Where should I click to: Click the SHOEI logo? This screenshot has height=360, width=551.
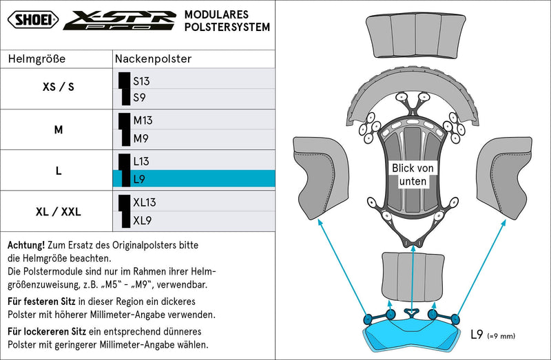(33, 19)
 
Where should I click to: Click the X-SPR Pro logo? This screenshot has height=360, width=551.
(120, 20)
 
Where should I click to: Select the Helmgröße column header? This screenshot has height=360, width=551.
(37, 59)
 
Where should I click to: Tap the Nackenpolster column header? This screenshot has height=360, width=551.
(153, 59)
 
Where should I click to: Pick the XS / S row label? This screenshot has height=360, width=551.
(59, 87)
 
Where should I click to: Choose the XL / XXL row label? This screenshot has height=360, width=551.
(59, 212)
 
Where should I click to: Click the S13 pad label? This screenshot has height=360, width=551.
(141, 81)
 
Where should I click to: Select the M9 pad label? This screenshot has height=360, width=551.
(141, 138)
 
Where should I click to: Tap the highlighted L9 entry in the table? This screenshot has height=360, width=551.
(194, 179)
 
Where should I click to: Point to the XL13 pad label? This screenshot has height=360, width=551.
(145, 202)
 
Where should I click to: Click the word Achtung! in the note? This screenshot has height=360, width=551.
(26, 245)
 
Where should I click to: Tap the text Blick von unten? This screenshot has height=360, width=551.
(413, 175)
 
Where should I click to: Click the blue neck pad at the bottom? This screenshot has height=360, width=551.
(412, 335)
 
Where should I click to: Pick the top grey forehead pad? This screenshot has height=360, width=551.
(416, 36)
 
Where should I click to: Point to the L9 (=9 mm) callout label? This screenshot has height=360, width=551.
(492, 335)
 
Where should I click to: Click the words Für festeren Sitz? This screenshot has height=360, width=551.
(41, 301)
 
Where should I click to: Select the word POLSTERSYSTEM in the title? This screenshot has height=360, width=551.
(227, 27)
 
